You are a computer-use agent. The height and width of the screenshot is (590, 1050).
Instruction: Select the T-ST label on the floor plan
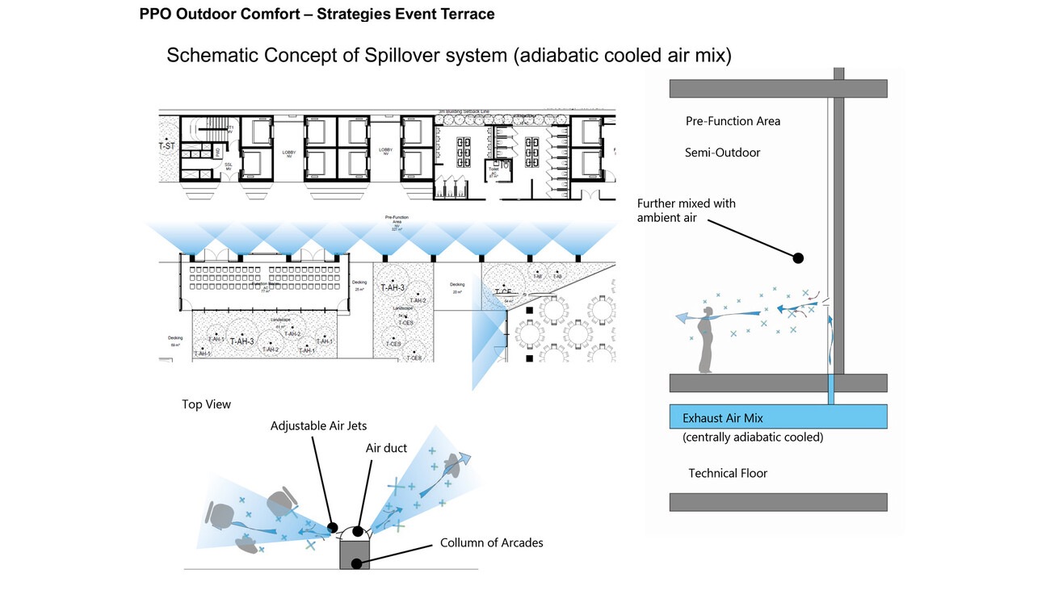[166, 146]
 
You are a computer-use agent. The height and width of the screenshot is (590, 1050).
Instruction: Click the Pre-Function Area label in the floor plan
[395, 224]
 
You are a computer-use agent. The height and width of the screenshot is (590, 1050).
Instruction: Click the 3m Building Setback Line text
[475, 112]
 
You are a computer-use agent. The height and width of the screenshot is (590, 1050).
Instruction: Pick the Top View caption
[206, 404]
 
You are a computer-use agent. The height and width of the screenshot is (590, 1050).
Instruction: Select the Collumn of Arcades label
[491, 542]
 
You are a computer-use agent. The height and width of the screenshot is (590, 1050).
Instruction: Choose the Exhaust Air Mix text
[723, 418]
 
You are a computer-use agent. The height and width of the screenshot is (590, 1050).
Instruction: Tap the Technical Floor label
[727, 473]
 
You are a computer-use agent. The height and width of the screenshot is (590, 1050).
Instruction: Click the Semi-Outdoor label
[722, 152]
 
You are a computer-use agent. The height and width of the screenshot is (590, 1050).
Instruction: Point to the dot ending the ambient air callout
[798, 258]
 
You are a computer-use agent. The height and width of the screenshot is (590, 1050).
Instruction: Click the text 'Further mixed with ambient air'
[686, 210]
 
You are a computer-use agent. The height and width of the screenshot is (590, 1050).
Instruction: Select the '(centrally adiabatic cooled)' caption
[752, 437]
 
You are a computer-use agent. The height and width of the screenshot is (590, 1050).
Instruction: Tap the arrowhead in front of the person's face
[684, 319]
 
